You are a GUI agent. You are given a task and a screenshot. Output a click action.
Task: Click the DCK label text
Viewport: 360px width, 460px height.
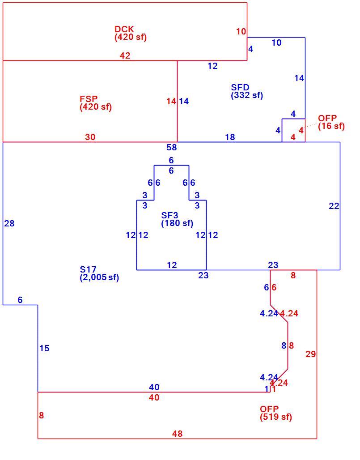coord(124,29)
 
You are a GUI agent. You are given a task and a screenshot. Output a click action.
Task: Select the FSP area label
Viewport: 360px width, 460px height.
coord(89,98)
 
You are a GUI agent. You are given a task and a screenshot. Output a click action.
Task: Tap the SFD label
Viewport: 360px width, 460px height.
coord(240,87)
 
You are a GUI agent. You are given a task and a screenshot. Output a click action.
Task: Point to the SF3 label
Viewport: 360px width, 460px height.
coord(170,215)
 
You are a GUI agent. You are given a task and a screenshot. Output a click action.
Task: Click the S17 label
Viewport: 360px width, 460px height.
coord(88,269)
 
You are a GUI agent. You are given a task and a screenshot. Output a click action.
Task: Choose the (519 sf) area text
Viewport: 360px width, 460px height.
coord(276,417)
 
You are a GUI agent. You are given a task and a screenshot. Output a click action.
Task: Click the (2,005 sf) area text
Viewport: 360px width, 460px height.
coord(99,277)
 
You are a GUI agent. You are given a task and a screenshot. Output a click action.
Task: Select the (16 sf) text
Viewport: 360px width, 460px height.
coord(331,126)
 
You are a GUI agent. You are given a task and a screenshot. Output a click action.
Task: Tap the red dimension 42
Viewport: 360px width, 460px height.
coord(125,55)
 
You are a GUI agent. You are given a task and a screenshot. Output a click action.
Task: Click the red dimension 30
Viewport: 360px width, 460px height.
coord(90,137)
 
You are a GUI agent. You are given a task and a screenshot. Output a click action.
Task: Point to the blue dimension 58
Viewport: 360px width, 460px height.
coord(172,147)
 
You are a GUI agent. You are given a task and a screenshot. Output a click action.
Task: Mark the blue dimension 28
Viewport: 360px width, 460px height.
coord(9,224)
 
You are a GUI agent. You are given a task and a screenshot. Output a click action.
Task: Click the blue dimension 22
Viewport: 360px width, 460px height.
coord(334,206)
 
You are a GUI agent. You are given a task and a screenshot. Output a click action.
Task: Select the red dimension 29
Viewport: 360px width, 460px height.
coord(311,354)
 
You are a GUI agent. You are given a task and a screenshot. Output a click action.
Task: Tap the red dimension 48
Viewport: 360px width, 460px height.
coord(178,434)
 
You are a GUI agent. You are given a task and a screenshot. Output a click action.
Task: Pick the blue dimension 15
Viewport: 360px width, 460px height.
coord(45,349)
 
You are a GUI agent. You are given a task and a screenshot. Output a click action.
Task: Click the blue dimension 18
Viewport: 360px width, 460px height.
coord(230,137)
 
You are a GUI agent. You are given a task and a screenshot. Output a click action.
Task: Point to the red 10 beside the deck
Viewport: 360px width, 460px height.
coord(241,31)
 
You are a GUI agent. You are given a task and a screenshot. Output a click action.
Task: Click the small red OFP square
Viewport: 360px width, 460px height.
coord(293,131)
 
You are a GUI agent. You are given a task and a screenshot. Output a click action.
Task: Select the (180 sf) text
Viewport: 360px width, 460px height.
coord(178,223)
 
